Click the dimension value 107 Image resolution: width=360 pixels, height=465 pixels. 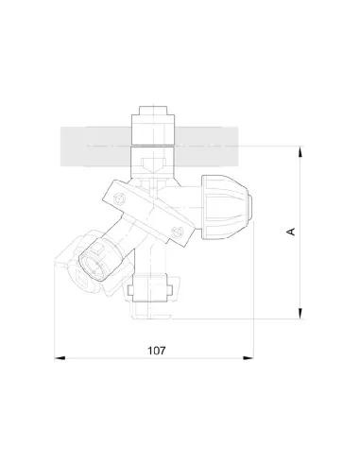click(x=157, y=350)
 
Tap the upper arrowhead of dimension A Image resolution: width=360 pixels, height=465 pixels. click(x=300, y=151)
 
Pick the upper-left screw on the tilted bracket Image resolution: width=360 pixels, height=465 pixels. click(x=119, y=197)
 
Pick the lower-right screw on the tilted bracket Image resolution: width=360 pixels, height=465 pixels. click(x=177, y=228)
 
